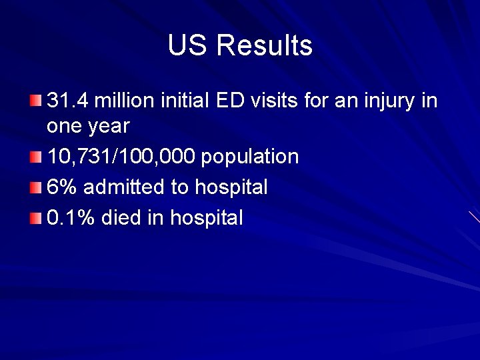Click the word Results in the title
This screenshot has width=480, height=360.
265,46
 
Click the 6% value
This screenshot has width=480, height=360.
62,187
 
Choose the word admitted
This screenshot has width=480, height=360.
125,187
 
